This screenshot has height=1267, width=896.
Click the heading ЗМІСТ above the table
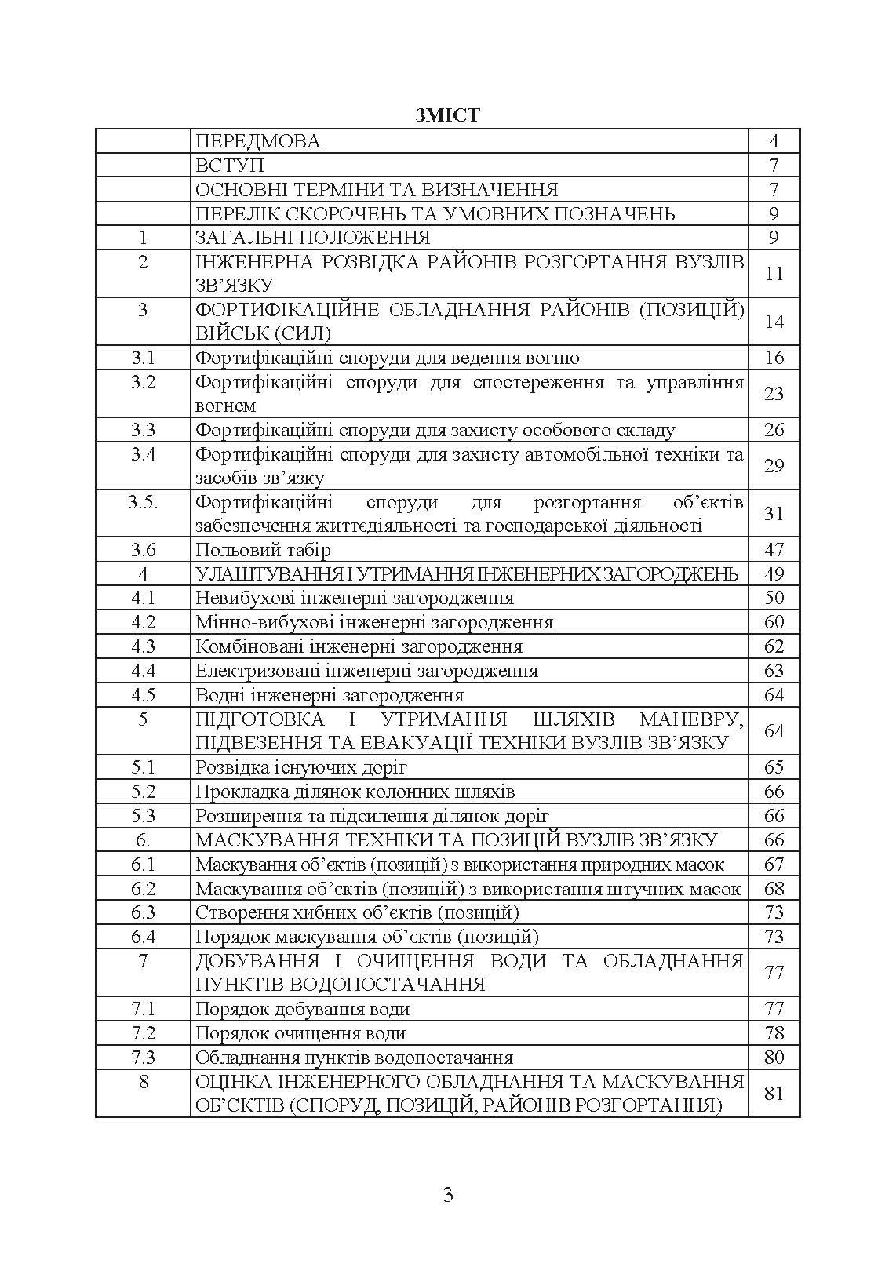point(447,116)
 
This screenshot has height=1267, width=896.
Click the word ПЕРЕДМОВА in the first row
point(258,141)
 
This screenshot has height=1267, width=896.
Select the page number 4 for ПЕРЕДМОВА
point(774,141)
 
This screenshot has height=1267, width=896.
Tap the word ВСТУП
point(229,166)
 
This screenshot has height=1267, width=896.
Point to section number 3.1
point(143,358)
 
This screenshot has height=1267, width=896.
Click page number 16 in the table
point(774,358)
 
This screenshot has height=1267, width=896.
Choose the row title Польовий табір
point(263,550)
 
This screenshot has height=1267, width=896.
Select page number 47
point(774,550)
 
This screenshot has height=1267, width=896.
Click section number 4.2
point(143,622)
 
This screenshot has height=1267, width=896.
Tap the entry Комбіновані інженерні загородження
point(359,646)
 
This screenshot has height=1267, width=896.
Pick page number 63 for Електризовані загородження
point(774,671)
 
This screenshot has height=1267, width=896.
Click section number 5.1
point(143,767)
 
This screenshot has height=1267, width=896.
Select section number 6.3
point(143,912)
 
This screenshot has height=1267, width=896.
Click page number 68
point(774,888)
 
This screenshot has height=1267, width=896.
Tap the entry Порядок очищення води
point(300,1033)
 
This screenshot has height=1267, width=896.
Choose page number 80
point(774,1058)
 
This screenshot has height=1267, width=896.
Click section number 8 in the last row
point(143,1082)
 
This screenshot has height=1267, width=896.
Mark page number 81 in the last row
point(774,1093)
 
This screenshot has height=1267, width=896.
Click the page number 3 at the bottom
point(448,1195)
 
